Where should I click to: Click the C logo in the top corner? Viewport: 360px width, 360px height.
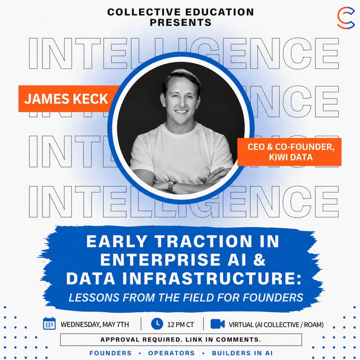coord(346,18)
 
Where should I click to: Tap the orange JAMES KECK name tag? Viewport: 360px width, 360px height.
coord(66,99)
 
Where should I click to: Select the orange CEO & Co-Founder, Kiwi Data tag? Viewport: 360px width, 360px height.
coord(289,152)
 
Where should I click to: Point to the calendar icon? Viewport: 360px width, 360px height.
coord(49,324)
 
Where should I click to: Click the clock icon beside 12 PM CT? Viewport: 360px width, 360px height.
coord(157,324)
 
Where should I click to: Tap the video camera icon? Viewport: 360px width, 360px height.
coord(217,324)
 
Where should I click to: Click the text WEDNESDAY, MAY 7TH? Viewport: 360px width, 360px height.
coord(95,324)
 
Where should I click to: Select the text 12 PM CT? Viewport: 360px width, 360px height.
coord(182,324)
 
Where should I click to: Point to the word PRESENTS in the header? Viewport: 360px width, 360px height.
coord(180,22)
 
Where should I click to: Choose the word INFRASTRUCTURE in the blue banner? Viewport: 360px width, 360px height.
coord(218,279)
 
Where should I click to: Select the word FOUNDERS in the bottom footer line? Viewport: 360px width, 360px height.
coord(110,353)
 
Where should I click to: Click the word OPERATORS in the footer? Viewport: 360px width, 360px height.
coord(171,353)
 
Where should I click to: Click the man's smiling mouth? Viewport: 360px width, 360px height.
coord(181,112)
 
